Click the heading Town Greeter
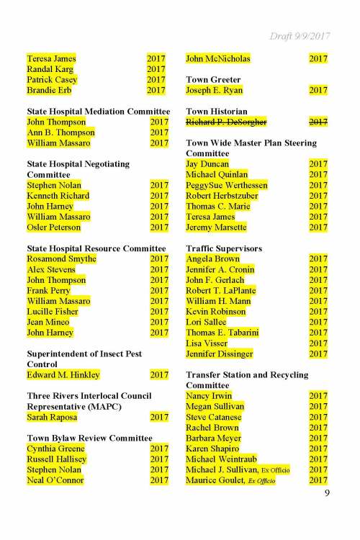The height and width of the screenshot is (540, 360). coord(213,79)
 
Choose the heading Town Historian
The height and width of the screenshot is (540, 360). coord(217,112)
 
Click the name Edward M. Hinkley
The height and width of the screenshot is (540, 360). coord(63,375)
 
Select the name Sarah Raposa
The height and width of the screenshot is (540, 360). coord(53,417)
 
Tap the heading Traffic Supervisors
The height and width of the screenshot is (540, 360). coord(223,248)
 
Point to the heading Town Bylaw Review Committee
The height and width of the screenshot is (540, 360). coord(89,438)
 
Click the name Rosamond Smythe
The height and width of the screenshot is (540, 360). coord(61,258)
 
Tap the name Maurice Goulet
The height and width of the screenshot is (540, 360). coord(213,480)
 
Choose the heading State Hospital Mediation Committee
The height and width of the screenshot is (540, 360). coord(98,112)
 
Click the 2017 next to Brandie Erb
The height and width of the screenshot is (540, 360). coord(156,90)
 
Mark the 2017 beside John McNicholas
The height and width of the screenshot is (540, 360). coord(318,58)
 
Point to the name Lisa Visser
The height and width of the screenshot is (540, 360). coord(207,343)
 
